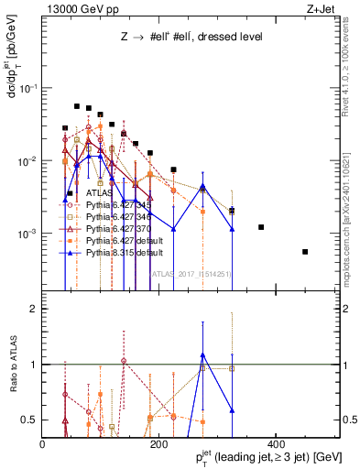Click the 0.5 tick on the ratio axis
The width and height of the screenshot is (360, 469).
(x=29, y=420)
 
